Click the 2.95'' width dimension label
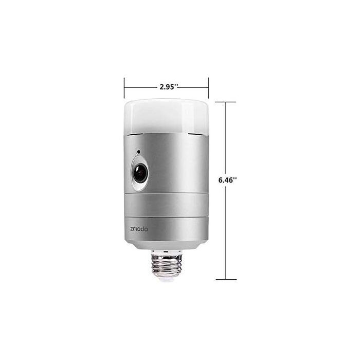[x=168, y=86]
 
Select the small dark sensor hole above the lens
[x=138, y=152]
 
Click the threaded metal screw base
[x=166, y=268]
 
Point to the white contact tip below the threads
[x=166, y=281]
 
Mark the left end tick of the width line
[x=124, y=87]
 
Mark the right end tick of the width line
[x=208, y=87]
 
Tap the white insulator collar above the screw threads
[x=166, y=252]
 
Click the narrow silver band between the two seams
[x=166, y=205]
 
